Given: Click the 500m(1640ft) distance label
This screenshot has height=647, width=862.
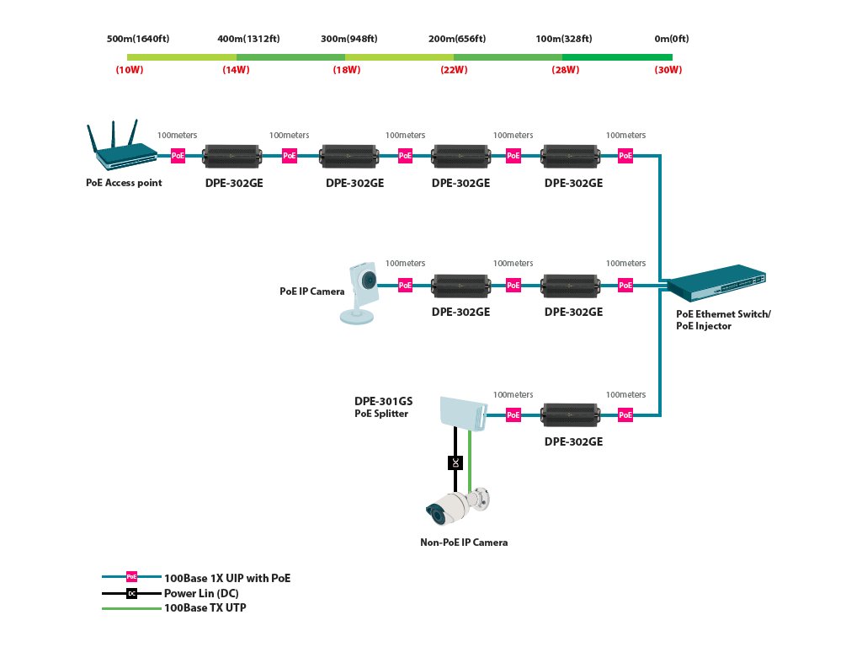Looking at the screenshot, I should point(138,39).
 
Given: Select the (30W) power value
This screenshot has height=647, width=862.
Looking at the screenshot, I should point(668,70).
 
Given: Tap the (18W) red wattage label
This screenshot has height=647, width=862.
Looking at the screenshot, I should point(347,70).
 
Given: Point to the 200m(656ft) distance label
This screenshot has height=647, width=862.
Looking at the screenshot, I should point(457,39).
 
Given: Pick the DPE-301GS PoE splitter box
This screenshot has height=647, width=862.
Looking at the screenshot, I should point(462,412).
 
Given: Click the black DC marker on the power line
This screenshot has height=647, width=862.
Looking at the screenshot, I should point(455,463).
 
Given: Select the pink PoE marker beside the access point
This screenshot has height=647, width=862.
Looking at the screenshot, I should point(178,156).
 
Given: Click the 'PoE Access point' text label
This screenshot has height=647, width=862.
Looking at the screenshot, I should point(124,182).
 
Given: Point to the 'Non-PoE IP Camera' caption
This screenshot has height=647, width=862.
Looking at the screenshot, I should point(464,543).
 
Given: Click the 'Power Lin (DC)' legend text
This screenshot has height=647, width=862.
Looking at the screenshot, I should point(201,593).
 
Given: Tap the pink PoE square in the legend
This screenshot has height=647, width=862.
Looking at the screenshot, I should point(131,577).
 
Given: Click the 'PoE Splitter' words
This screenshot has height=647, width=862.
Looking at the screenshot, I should point(382,414).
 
